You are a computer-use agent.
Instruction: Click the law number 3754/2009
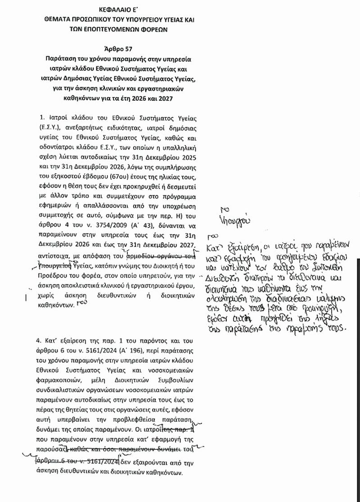tap(95, 226)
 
